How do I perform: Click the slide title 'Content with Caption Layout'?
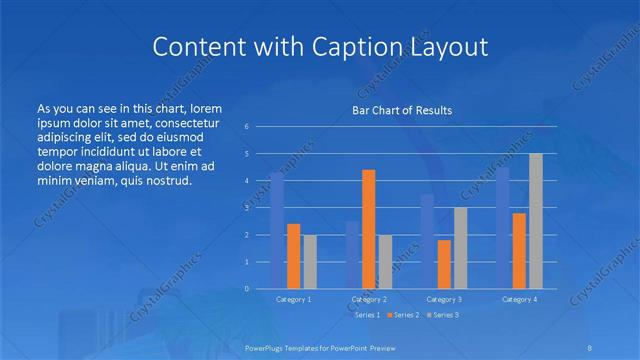tap(319, 47)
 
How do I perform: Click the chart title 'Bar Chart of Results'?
tap(401, 110)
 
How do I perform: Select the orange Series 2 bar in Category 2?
tap(369, 229)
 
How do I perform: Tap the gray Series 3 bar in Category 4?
tap(536, 221)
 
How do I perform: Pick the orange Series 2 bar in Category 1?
tap(293, 256)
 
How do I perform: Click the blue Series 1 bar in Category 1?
tap(277, 230)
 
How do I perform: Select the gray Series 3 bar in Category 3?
tap(460, 248)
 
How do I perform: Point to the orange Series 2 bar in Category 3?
tap(444, 264)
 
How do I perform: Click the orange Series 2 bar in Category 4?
tap(520, 250)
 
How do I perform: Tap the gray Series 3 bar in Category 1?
tap(309, 261)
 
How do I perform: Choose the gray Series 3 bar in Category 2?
tap(385, 261)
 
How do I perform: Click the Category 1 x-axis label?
tap(293, 299)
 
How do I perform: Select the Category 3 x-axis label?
tap(444, 299)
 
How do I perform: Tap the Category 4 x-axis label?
tap(520, 299)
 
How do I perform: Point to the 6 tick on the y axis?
tap(246, 127)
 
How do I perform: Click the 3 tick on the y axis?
tap(246, 208)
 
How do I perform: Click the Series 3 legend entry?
tap(443, 315)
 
